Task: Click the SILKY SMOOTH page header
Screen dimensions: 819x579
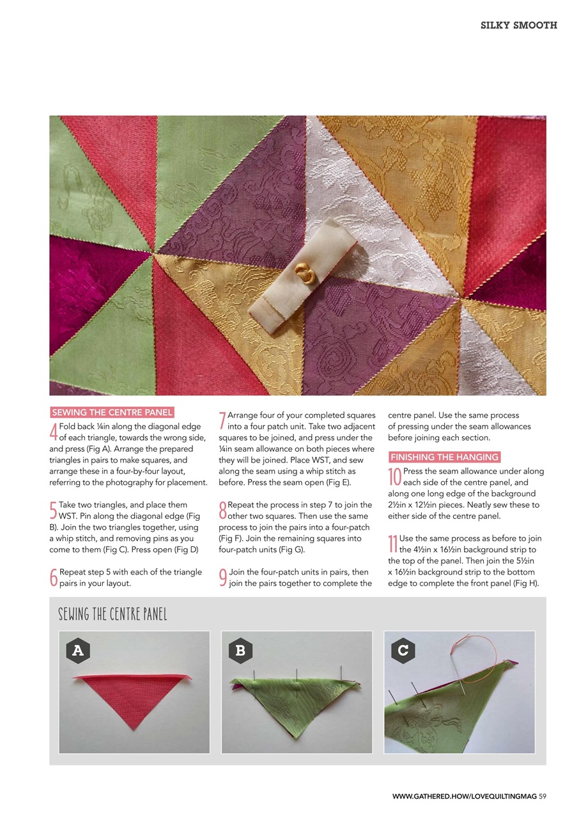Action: pyautogui.click(x=518, y=26)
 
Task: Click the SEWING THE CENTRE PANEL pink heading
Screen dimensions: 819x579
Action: pyautogui.click(x=112, y=413)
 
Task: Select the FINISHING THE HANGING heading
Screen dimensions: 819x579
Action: pyautogui.click(x=444, y=457)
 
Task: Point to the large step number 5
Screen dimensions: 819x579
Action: pyautogui.click(x=54, y=510)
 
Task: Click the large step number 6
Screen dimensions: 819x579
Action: pyautogui.click(x=54, y=577)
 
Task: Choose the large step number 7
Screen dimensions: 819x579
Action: pyautogui.click(x=222, y=420)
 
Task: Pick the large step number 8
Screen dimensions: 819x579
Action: pyautogui.click(x=222, y=510)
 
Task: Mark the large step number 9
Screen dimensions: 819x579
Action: pyautogui.click(x=222, y=577)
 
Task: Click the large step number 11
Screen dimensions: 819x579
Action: pyautogui.click(x=394, y=544)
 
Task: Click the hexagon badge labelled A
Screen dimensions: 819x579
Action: pyautogui.click(x=78, y=651)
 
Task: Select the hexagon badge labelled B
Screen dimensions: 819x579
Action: pyautogui.click(x=240, y=651)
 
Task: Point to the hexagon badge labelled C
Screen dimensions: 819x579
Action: pyautogui.click(x=403, y=651)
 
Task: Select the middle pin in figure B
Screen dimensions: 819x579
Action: pyautogui.click(x=297, y=678)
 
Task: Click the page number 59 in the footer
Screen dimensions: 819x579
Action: pyautogui.click(x=542, y=796)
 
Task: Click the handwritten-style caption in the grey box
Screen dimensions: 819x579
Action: pyautogui.click(x=112, y=615)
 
